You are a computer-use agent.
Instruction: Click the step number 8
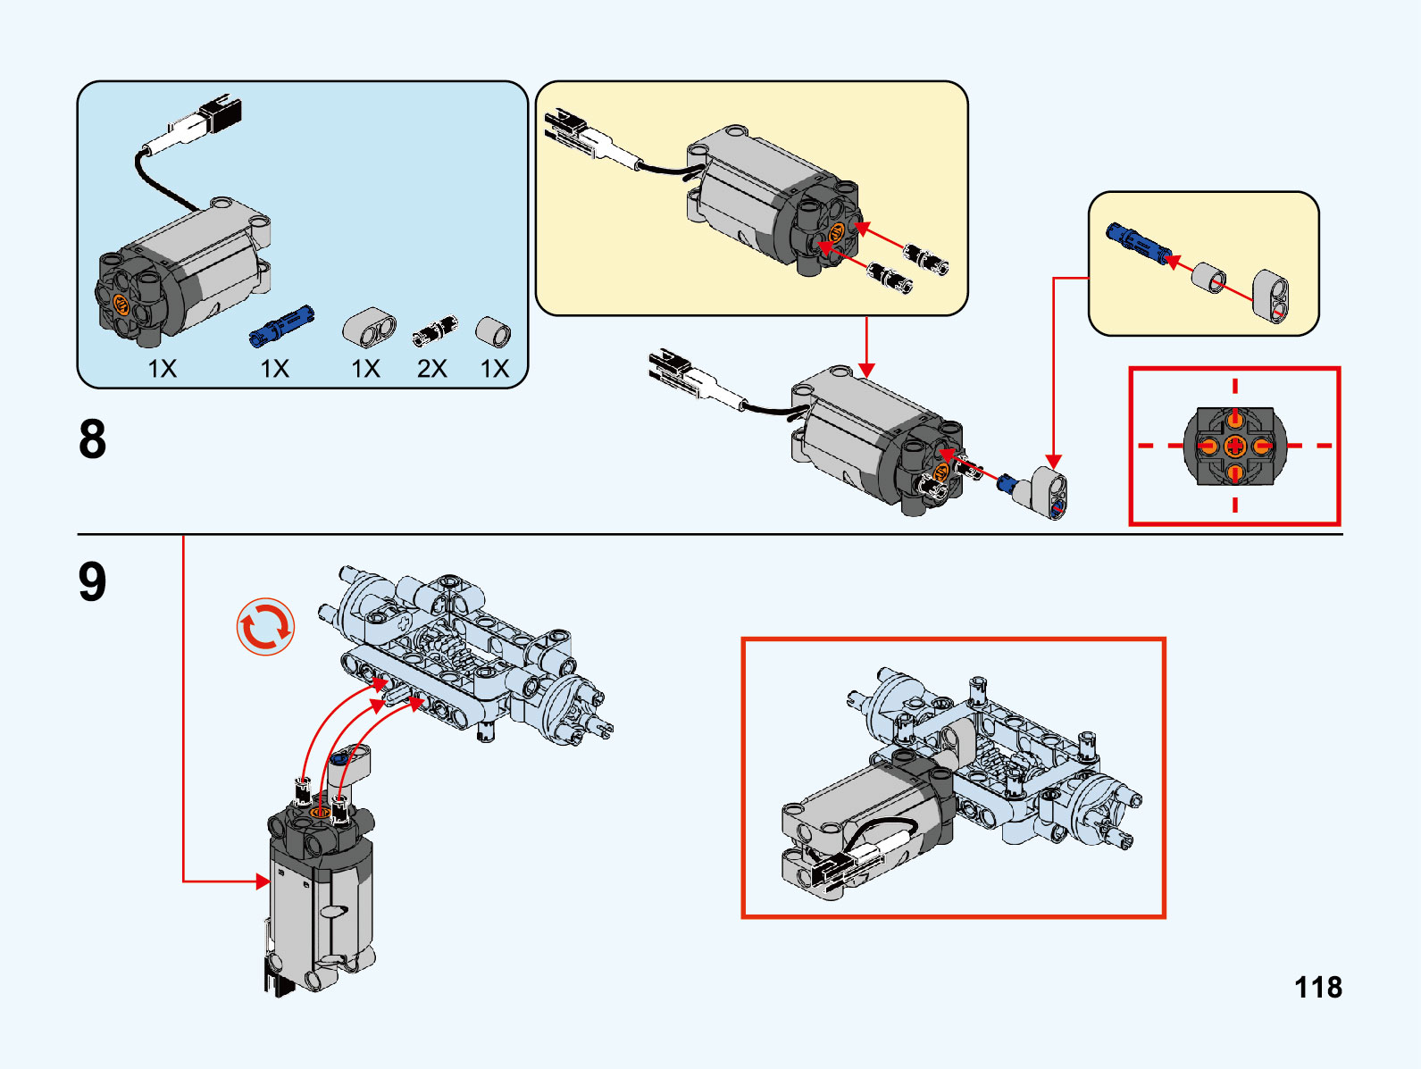(93, 439)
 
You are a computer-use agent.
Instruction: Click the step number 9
(93, 581)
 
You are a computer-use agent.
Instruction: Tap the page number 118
(1317, 988)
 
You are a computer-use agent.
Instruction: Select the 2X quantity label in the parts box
(432, 368)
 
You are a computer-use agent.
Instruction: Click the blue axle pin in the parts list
(281, 325)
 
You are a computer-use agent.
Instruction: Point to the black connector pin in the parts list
(435, 332)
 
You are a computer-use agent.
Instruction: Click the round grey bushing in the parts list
(492, 331)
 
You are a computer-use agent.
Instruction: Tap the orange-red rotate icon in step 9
(265, 626)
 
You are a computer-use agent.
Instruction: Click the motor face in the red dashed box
(1234, 446)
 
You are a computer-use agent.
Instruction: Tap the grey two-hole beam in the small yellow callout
(1271, 295)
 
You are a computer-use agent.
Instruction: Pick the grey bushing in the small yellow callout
(1209, 277)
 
